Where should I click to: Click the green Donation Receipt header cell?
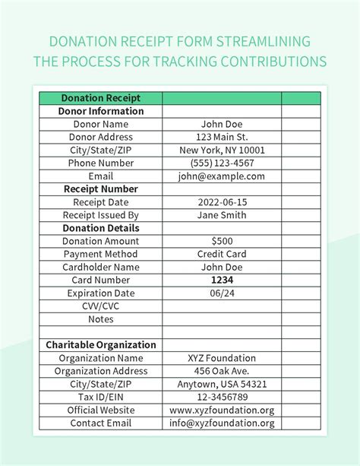(101, 98)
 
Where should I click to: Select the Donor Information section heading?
(101, 111)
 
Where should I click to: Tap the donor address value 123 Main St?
(222, 137)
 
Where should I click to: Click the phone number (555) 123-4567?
(222, 163)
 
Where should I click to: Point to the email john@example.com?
(222, 176)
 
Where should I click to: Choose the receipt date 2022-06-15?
(222, 202)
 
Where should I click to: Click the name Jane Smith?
(222, 215)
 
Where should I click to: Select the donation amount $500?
(222, 241)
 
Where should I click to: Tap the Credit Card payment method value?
(222, 254)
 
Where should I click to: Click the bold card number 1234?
(222, 280)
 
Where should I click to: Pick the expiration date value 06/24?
(222, 293)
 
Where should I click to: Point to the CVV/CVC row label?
(101, 306)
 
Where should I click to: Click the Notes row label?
(101, 319)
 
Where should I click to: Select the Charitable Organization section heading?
(101, 345)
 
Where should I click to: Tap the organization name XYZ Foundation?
(222, 358)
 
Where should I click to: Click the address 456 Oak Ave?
(222, 371)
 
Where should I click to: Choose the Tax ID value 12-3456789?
(222, 397)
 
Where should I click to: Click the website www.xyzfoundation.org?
(222, 410)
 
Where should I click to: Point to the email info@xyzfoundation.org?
(222, 423)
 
